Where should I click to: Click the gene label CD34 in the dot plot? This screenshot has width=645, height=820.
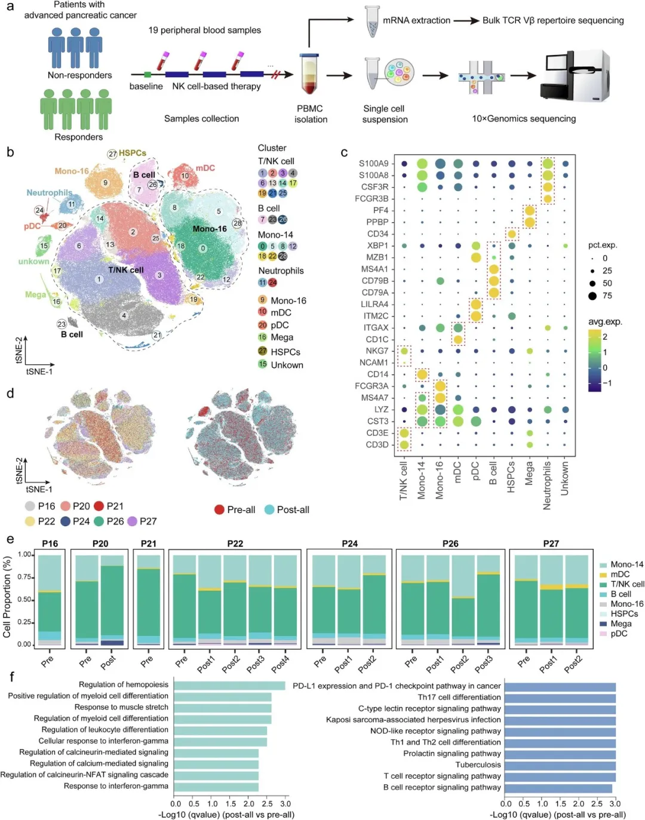pos(377,234)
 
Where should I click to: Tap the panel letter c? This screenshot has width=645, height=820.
pos(344,153)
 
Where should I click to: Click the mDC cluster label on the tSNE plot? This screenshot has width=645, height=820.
pos(205,168)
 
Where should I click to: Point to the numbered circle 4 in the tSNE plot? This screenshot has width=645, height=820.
pos(124,315)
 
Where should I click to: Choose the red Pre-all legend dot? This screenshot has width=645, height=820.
pos(219,509)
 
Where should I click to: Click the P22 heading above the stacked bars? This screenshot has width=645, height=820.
pos(235,543)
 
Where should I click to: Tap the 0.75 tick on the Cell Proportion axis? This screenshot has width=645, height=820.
pos(24,577)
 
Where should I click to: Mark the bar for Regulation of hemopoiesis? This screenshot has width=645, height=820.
pos(229,685)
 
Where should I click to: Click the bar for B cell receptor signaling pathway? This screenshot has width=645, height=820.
pos(558,788)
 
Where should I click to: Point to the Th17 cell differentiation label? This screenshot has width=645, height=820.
pos(459,697)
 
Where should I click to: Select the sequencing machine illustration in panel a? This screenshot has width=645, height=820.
pos(575,76)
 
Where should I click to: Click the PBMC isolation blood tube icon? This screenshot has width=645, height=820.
pos(309,75)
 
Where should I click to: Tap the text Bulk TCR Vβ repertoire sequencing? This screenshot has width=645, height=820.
pos(553,20)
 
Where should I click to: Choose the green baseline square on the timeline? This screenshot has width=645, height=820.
pos(148,74)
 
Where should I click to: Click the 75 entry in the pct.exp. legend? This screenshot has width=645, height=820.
pos(592,296)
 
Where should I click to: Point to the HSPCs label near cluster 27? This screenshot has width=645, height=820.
pos(132,153)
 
